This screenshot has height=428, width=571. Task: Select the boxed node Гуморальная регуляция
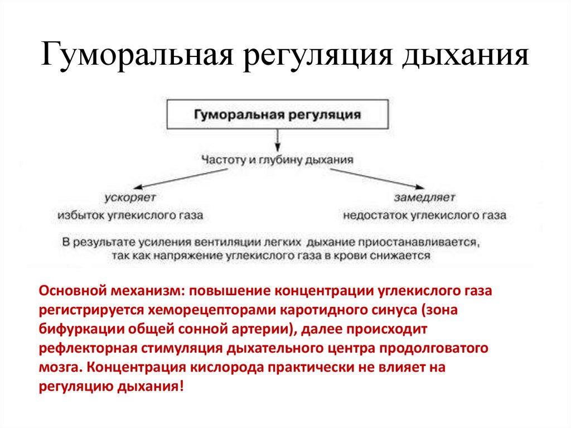[x=277, y=116]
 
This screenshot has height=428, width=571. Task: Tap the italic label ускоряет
[x=130, y=197]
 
